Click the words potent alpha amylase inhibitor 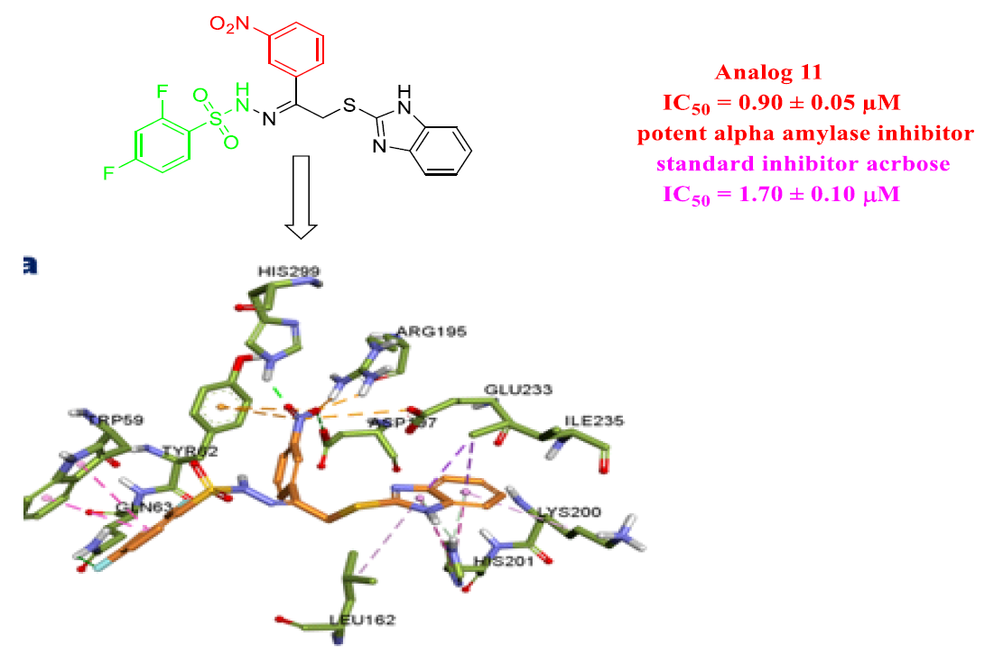pos(804,134)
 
